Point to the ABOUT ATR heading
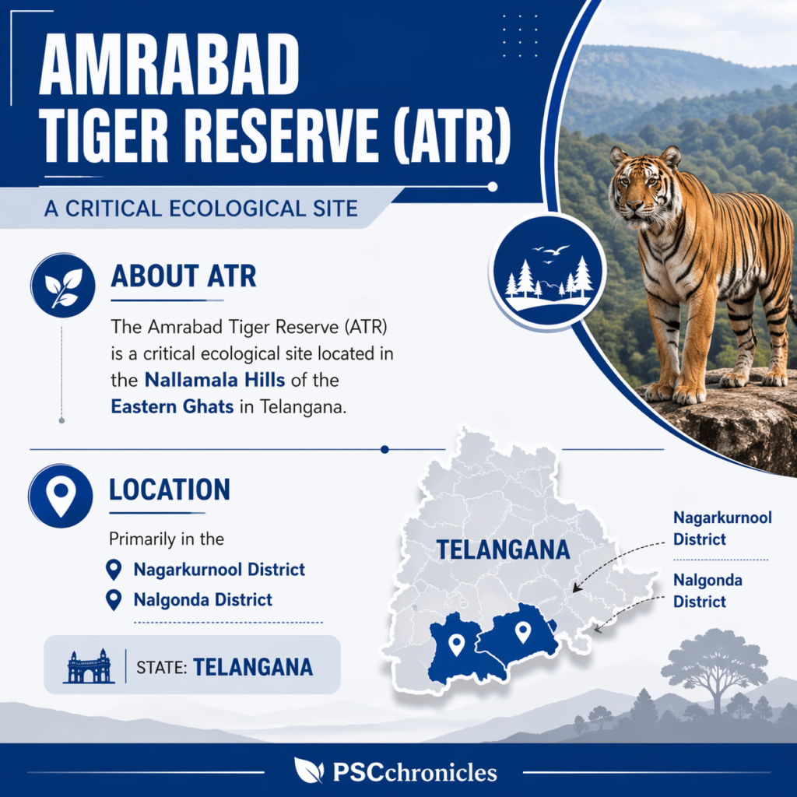(x=184, y=276)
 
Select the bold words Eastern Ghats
(x=172, y=406)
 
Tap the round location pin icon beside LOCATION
(x=61, y=496)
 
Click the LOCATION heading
(x=170, y=490)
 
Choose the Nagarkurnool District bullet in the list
(x=219, y=570)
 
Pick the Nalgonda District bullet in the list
(x=202, y=600)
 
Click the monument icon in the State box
(x=88, y=666)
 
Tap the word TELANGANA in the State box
(x=253, y=667)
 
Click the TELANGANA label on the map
(x=503, y=549)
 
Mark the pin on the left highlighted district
(x=457, y=644)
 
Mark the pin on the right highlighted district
(x=523, y=631)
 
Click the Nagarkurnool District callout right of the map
(x=722, y=528)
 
